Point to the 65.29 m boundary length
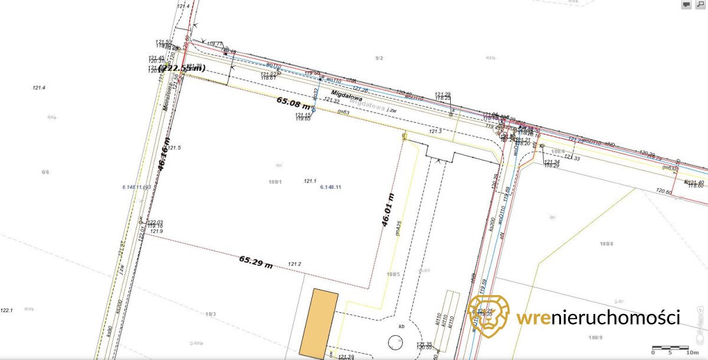pos(256,262)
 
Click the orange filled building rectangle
pos(319,323)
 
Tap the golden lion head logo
pos(488,316)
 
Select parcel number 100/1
pos(276,182)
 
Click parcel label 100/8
pos(605,244)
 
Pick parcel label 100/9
pos(596,337)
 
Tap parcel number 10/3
pos(211,313)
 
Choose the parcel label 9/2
pos(379,58)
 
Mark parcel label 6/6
pos(45,172)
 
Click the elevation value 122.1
pos(6,310)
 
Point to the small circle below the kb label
pos(394,341)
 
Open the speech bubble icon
pos(686,5)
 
